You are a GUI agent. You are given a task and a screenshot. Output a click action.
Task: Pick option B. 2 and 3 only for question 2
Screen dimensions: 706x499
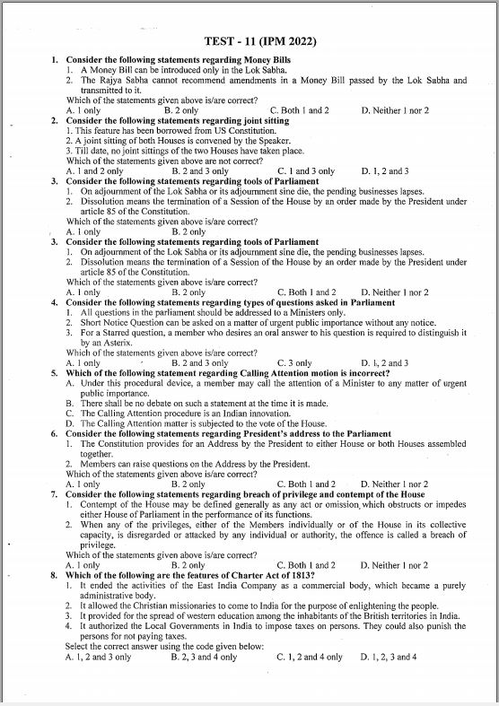[x=199, y=170]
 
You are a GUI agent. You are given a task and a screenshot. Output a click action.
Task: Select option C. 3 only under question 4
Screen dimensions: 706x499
[x=294, y=362]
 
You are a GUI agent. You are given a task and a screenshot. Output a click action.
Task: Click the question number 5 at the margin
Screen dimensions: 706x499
[x=55, y=372]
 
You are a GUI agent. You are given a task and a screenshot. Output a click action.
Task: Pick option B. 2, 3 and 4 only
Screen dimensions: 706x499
[x=204, y=657]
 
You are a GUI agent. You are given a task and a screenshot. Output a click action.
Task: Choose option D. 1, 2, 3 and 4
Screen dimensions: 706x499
[x=389, y=657]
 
